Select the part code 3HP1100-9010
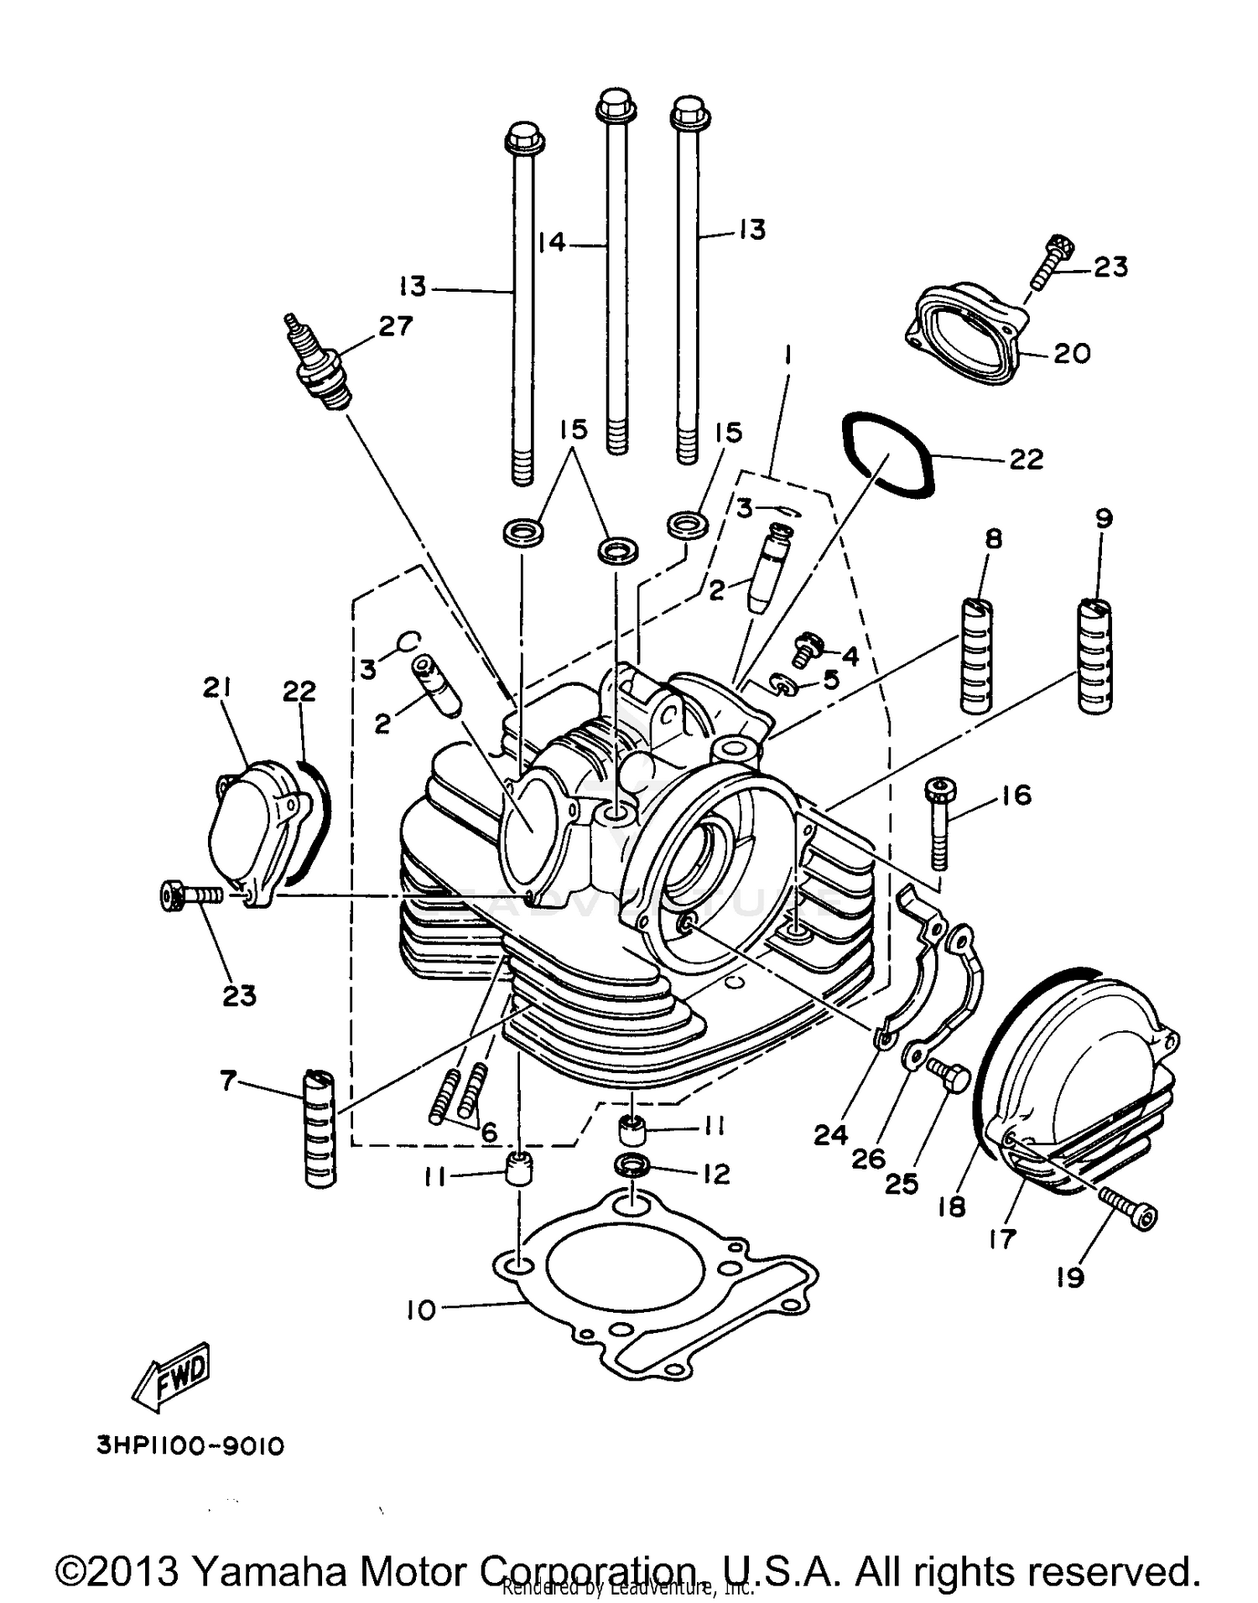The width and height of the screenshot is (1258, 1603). click(191, 1447)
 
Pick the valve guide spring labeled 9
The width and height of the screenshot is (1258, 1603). click(1094, 656)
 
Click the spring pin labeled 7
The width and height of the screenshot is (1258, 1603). click(320, 1127)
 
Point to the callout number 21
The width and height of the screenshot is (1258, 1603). click(216, 688)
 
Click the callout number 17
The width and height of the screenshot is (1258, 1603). click(1002, 1238)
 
